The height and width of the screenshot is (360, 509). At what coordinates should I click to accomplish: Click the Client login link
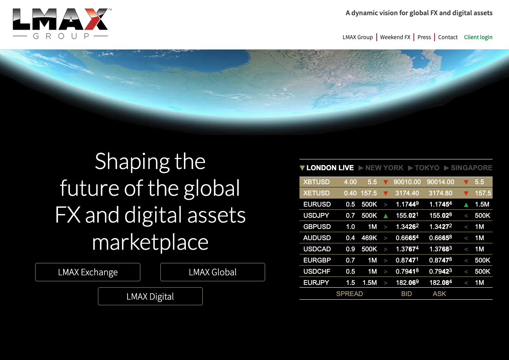[x=478, y=37]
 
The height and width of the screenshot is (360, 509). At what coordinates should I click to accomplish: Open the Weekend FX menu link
[x=395, y=37]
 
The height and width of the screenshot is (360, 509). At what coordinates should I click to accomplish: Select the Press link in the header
[x=424, y=37]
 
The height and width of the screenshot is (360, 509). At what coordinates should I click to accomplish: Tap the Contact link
[x=448, y=37]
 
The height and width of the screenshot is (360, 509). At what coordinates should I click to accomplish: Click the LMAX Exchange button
[x=88, y=272]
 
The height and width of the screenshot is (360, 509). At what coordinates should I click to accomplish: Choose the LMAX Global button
[x=213, y=272]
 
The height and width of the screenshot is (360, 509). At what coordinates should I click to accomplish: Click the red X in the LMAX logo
[x=96, y=19]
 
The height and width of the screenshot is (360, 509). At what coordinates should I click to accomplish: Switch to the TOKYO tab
[x=424, y=168]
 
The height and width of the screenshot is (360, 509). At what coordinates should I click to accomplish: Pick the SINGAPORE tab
[x=468, y=168]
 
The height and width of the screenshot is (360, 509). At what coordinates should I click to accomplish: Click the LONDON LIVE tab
[x=327, y=168]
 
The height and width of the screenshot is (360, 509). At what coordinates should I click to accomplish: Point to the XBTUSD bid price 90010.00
[x=407, y=182]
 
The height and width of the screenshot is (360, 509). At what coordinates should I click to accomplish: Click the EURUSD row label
[x=317, y=204]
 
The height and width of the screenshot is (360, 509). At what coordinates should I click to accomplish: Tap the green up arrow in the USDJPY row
[x=385, y=216]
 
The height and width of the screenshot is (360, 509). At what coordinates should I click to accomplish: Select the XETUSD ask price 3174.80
[x=440, y=193]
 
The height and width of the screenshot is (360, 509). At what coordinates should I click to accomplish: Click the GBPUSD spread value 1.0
[x=350, y=227]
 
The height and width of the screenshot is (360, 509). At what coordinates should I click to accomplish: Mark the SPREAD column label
[x=349, y=294]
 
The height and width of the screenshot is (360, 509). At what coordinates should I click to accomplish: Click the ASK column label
[x=439, y=294]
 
